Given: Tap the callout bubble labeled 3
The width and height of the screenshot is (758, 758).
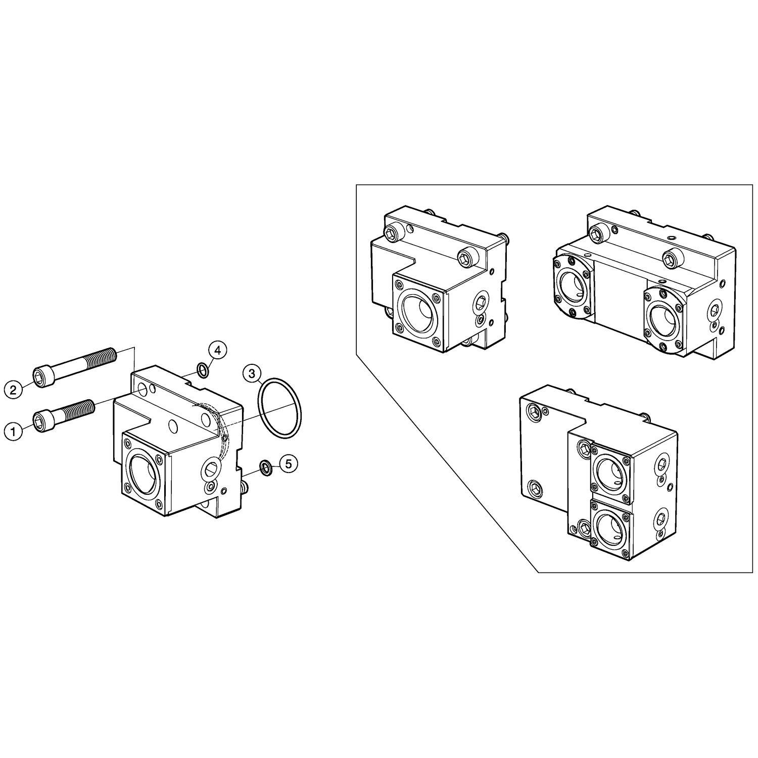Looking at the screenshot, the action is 251,374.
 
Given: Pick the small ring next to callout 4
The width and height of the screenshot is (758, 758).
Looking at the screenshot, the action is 202,370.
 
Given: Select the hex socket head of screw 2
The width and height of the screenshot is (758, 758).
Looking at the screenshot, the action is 42,377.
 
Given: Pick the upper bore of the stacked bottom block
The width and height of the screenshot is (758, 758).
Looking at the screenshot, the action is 611,472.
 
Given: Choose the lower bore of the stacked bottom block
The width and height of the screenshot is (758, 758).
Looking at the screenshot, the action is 611,532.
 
